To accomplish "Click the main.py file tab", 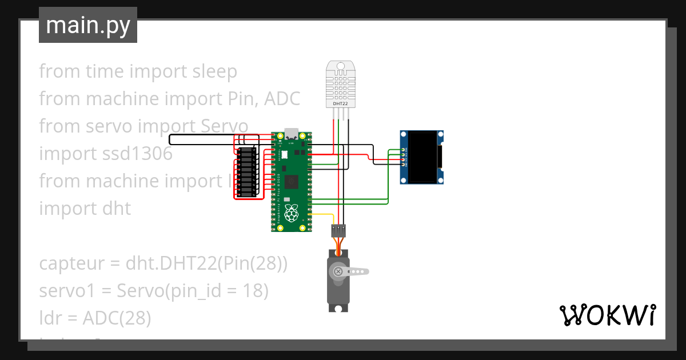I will click(x=87, y=26).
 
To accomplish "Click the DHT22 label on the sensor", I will click(x=341, y=104).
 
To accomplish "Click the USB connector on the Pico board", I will click(x=292, y=134).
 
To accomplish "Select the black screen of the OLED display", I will click(x=422, y=157).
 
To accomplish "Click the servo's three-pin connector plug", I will click(x=338, y=231).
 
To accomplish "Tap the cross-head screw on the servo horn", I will click(x=338, y=271).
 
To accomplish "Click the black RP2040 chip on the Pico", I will click(x=292, y=182).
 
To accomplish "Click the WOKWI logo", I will click(x=607, y=315).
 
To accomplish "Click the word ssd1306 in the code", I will click(x=135, y=154).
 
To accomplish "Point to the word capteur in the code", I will click(x=71, y=263).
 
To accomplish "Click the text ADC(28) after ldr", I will click(x=117, y=318).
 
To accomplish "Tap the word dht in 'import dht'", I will click(x=117, y=209).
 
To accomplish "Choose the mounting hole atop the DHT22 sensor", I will click(x=341, y=66).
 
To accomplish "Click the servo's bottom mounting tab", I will click(x=338, y=308).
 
